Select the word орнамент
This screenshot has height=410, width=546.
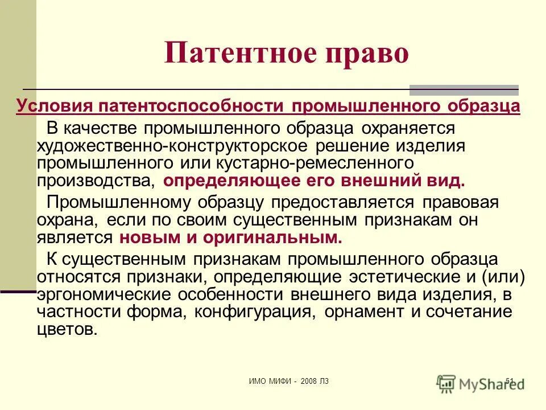tap(371, 312)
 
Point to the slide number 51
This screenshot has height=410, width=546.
tap(509, 381)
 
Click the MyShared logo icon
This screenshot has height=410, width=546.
tap(446, 383)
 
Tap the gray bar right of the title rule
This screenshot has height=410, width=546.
tap(464, 89)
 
